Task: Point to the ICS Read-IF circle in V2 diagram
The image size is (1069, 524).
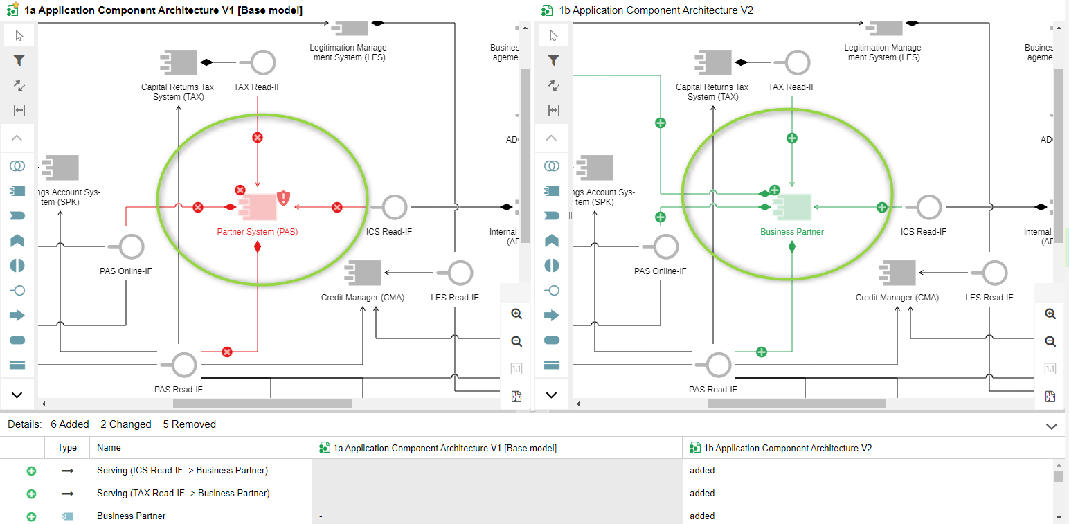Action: click(928, 207)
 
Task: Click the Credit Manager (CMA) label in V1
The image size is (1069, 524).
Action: click(362, 298)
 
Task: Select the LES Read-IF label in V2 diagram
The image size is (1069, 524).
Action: click(989, 298)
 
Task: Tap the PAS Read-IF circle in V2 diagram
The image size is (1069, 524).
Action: click(719, 364)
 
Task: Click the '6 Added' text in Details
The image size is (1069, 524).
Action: click(69, 424)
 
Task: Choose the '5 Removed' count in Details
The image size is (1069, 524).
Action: click(189, 424)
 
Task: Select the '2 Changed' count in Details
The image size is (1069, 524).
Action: click(125, 424)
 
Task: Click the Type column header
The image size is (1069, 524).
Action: click(67, 448)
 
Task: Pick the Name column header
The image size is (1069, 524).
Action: click(109, 448)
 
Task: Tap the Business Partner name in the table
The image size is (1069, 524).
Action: click(132, 516)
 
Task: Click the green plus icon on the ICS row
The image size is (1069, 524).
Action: click(31, 471)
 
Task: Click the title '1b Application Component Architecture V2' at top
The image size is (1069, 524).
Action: click(655, 10)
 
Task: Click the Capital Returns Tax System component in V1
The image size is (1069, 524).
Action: click(179, 63)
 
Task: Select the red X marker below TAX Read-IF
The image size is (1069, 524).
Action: click(258, 138)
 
